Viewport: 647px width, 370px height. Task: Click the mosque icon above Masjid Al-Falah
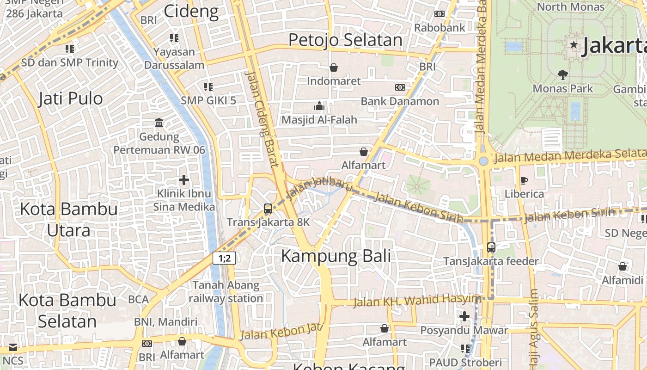pyautogui.click(x=319, y=106)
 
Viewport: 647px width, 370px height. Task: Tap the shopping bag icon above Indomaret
pyautogui.click(x=334, y=68)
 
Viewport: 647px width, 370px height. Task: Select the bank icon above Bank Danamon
pyautogui.click(x=400, y=87)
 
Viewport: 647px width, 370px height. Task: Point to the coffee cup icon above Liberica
pyautogui.click(x=524, y=180)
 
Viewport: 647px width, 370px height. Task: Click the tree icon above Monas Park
pyautogui.click(x=562, y=74)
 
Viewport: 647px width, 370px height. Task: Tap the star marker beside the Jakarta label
pyautogui.click(x=574, y=45)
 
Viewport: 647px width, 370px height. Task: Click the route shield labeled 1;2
pyautogui.click(x=225, y=258)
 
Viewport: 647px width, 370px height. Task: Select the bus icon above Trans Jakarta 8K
pyautogui.click(x=268, y=209)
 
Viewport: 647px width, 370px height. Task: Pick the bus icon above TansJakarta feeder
pyautogui.click(x=491, y=247)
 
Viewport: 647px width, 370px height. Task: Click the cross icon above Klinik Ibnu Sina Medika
pyautogui.click(x=184, y=180)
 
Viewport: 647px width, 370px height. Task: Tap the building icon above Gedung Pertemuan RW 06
pyautogui.click(x=159, y=123)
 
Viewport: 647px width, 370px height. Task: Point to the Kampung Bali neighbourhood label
pyautogui.click(x=336, y=256)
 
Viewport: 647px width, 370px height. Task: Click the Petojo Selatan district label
pyautogui.click(x=345, y=40)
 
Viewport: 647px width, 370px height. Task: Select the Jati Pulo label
pyautogui.click(x=70, y=99)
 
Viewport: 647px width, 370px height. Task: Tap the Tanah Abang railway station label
pyautogui.click(x=226, y=291)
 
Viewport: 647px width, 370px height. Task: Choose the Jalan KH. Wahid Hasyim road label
pyautogui.click(x=417, y=301)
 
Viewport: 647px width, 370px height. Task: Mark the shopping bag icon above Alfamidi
pyautogui.click(x=623, y=266)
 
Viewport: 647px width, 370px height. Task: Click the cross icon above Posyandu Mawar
pyautogui.click(x=464, y=316)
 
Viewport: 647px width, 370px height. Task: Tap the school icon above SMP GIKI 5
pyautogui.click(x=208, y=86)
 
